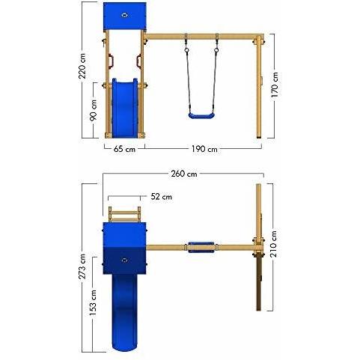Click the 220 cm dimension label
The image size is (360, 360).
click(82, 66)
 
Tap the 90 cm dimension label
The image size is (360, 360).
click(94, 110)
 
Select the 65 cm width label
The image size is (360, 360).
click(124, 149)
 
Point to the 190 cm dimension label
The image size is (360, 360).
click(204, 149)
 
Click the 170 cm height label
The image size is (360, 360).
click(275, 85)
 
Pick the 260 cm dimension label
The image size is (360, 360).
click(184, 174)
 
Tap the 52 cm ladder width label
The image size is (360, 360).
click(161, 197)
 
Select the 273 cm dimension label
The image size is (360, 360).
click(82, 266)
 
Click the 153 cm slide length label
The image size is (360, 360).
click(93, 302)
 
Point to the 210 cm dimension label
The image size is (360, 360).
click(274, 244)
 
